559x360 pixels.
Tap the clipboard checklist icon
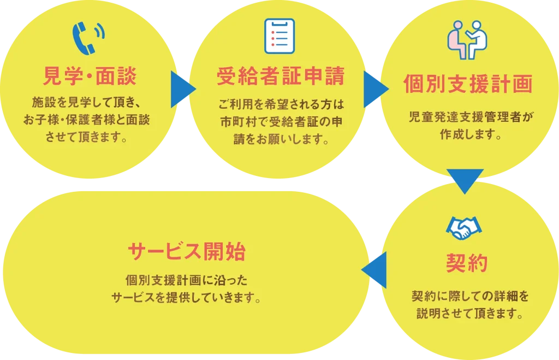point(279,36)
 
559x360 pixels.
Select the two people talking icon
point(467,40)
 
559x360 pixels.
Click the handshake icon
point(465,228)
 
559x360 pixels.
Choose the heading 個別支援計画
point(467,85)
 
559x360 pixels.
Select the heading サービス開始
point(186,252)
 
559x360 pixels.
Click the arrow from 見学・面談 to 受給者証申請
point(182,89)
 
